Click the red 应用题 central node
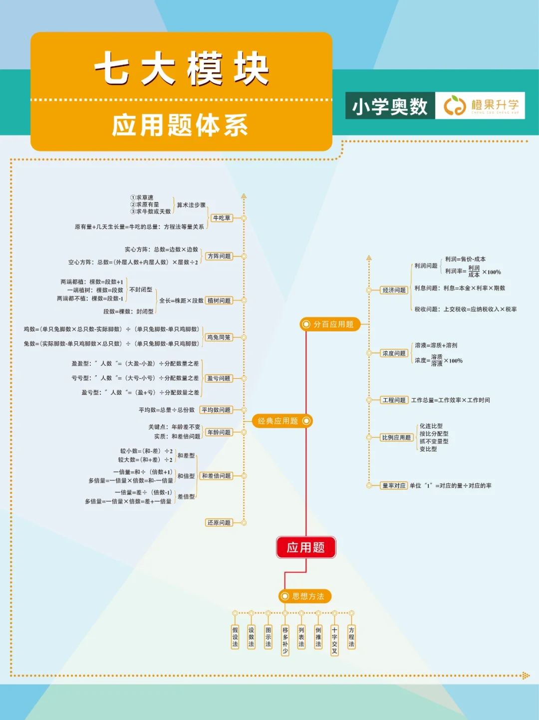point(305,547)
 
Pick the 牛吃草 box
point(222,218)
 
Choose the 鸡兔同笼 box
point(219,337)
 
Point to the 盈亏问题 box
point(219,378)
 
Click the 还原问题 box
point(219,522)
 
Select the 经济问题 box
point(394,290)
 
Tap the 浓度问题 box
point(394,353)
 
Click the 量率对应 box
point(394,485)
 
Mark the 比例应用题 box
point(396,438)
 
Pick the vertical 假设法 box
point(235,637)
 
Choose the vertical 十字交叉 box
point(334,640)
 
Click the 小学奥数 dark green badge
point(390,106)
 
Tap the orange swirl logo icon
point(454,105)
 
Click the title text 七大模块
point(182,68)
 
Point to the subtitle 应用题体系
point(180,125)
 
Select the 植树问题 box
point(219,300)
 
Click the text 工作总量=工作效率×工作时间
point(450,400)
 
